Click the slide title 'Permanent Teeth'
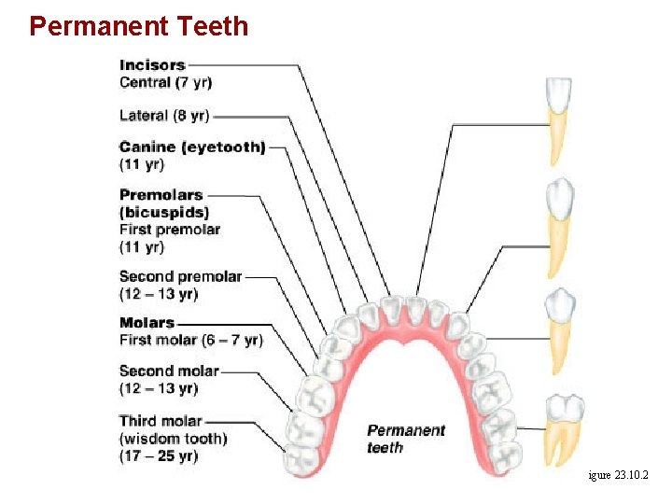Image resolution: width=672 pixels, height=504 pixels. click(x=139, y=25)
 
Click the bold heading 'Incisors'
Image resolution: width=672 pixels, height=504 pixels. click(x=152, y=65)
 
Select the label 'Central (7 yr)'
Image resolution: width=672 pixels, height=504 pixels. click(x=165, y=82)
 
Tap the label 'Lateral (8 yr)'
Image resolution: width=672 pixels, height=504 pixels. click(x=164, y=116)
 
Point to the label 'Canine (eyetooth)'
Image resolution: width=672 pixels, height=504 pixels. click(x=192, y=147)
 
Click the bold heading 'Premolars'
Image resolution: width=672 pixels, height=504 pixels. click(x=161, y=195)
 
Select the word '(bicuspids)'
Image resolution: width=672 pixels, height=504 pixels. click(x=164, y=212)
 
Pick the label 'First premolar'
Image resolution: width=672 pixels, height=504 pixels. click(x=170, y=230)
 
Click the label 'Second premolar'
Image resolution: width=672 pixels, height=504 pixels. click(x=180, y=276)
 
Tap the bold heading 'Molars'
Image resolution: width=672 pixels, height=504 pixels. click(x=147, y=323)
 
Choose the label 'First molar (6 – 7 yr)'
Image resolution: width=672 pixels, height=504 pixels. click(x=190, y=340)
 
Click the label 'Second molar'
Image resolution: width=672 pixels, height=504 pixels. click(x=169, y=371)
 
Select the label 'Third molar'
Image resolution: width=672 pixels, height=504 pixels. click(x=161, y=421)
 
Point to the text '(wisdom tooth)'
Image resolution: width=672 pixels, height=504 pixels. click(x=173, y=439)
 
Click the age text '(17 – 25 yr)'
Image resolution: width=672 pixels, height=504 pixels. click(x=159, y=455)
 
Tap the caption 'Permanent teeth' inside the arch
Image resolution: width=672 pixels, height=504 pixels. click(x=406, y=439)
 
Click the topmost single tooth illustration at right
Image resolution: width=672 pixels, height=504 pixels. click(x=557, y=120)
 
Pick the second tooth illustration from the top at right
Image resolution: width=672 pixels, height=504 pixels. click(x=558, y=228)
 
